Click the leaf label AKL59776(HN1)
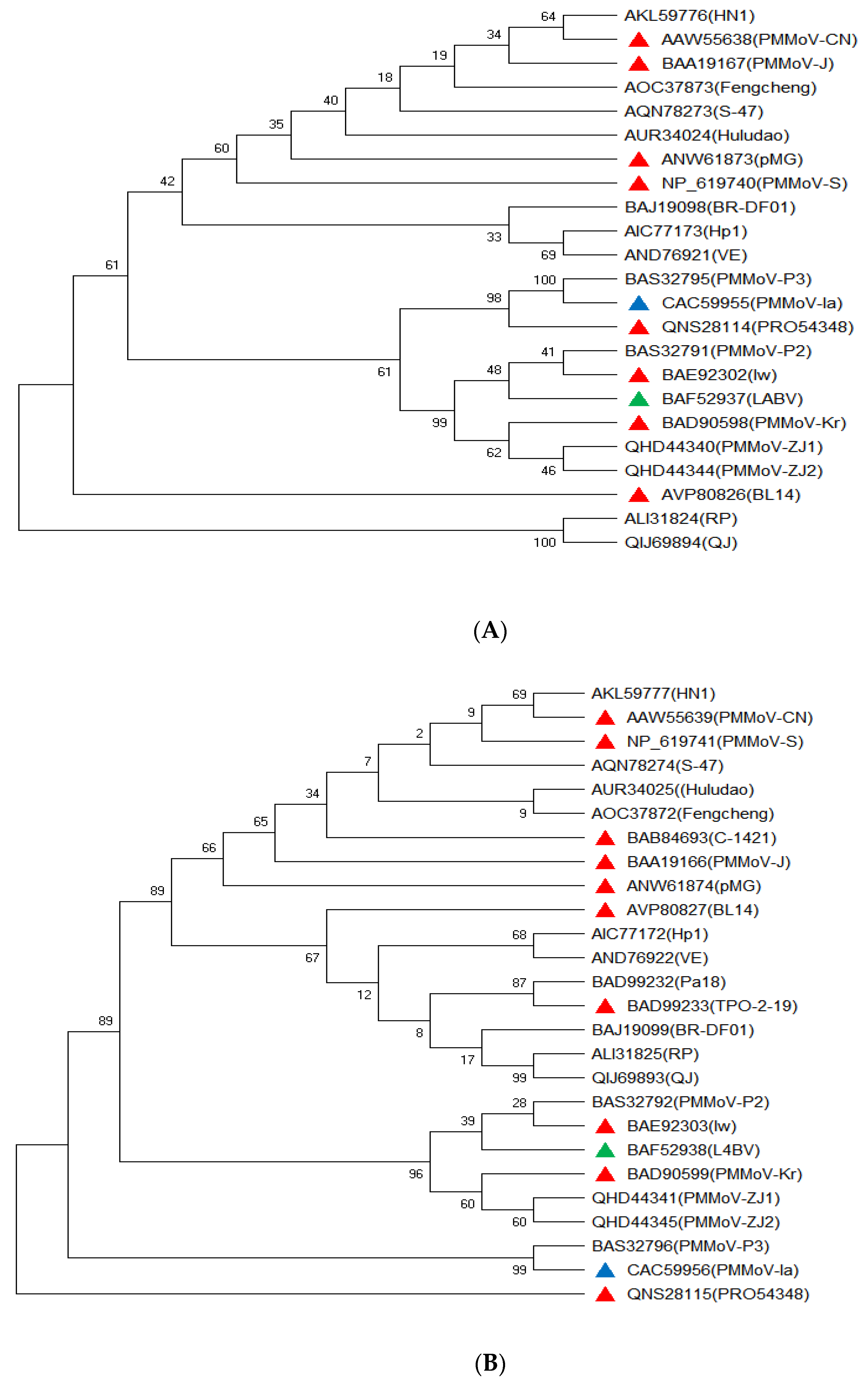tap(689, 15)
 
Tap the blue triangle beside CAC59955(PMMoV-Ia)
tap(639, 303)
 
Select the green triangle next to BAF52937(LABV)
tap(639, 399)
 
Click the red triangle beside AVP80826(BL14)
tap(639, 494)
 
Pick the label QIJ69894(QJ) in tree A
tap(681, 543)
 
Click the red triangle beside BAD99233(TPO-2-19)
tap(605, 1006)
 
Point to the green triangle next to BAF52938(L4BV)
tap(605, 1150)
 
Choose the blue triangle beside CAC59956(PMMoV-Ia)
tap(605, 1270)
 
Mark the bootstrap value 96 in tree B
tap(416, 1174)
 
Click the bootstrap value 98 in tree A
tap(494, 298)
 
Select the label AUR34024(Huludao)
tap(706, 136)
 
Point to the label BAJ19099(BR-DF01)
tap(672, 1030)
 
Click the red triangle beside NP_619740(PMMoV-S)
tap(639, 183)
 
